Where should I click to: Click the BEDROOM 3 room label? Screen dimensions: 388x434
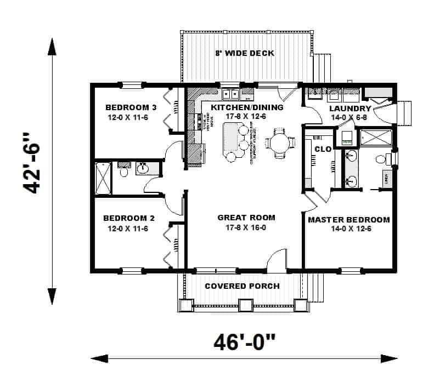(x=131, y=107)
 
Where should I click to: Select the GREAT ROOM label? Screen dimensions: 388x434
(x=246, y=217)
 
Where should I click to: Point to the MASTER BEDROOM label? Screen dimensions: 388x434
(x=348, y=220)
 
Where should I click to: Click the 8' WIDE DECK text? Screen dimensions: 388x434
(x=245, y=53)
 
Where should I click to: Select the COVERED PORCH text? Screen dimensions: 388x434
(x=242, y=286)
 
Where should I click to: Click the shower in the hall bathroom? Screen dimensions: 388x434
(x=103, y=178)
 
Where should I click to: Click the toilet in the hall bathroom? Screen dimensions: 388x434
(x=123, y=172)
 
